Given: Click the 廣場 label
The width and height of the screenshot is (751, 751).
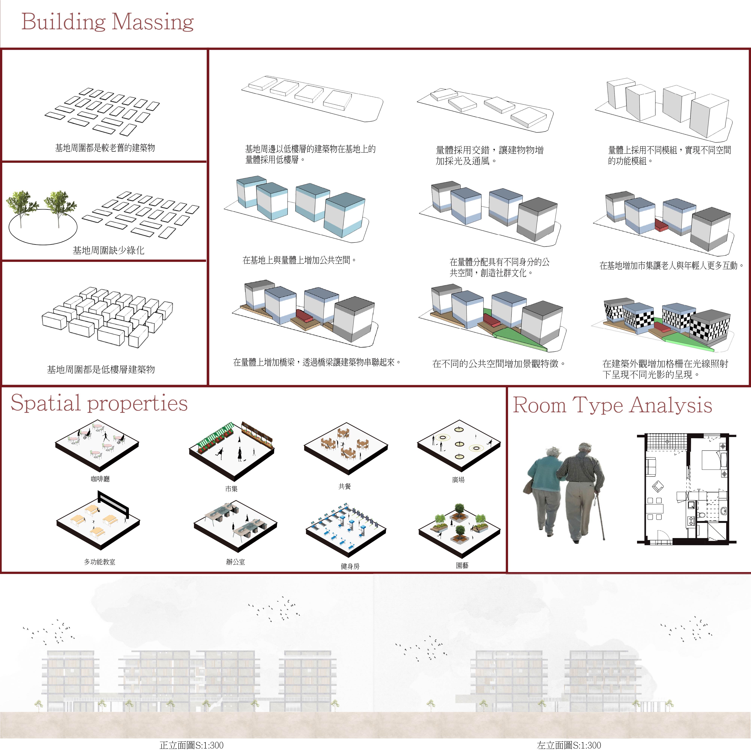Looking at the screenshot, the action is click(458, 480).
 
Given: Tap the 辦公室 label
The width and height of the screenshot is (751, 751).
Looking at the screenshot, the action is click(236, 562).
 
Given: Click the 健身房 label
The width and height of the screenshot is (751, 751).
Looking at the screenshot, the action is click(350, 566).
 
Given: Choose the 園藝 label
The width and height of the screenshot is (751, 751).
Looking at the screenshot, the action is click(462, 566).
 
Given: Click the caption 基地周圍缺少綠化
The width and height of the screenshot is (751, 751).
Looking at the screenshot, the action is click(109, 250).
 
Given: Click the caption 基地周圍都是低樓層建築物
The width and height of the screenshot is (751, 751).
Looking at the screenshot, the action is click(101, 369).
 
